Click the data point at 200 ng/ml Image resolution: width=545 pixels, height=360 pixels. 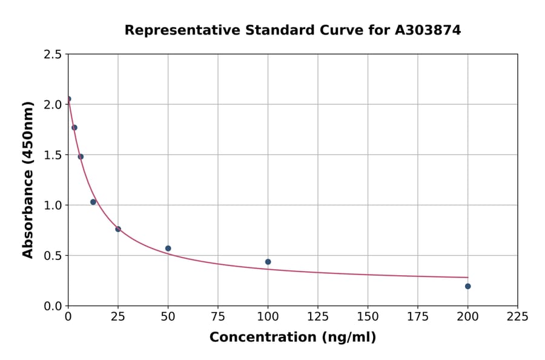pos(467,286)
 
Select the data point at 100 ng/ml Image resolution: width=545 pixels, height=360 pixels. pos(268,262)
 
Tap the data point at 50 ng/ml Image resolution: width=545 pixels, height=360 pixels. pos(168,248)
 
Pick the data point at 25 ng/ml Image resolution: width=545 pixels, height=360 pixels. pos(118,229)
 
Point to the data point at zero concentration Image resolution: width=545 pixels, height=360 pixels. pos(68,99)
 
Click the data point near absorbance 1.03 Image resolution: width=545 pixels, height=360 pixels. pos(93,202)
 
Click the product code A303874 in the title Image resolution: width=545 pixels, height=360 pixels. pos(428,30)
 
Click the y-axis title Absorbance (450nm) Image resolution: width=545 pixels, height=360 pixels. pos(28,179)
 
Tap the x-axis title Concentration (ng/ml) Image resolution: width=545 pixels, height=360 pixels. pos(292,338)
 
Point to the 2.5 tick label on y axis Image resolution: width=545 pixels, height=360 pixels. pos(53,55)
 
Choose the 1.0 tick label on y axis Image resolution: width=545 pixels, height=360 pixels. pos(53,205)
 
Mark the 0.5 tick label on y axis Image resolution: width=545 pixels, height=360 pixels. pos(53,256)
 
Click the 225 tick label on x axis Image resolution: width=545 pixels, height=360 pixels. pos(517,316)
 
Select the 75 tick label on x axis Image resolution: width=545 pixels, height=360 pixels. pos(218,316)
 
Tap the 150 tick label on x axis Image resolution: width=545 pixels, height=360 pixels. pos(368,316)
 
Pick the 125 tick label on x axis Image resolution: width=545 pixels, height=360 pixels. pos(317,316)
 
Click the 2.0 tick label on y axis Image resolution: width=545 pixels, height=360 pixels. pos(53,105)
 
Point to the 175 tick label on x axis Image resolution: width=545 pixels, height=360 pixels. pos(417,316)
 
